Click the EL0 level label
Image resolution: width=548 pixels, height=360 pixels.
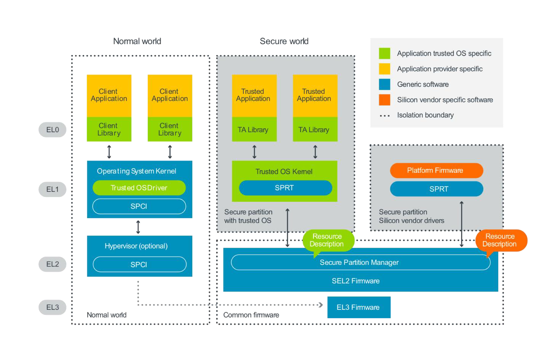tap(53, 130)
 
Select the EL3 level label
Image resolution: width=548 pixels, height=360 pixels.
tap(53, 307)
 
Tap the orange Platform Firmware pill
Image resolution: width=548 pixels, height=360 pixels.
tap(436, 170)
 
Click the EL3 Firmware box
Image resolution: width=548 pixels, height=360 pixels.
tap(358, 307)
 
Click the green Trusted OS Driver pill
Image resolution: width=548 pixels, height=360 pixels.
tap(139, 188)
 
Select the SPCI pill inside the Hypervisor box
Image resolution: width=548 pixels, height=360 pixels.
tap(139, 264)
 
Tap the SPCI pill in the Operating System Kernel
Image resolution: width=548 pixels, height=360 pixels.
tap(139, 206)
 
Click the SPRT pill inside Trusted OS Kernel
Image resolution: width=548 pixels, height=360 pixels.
tap(285, 188)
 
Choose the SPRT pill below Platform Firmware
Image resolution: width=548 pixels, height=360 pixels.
tap(436, 189)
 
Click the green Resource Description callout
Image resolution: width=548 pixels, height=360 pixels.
tap(328, 241)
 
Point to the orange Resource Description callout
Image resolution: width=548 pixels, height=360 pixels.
tap(500, 241)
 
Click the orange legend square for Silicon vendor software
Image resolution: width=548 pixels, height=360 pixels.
tap(384, 100)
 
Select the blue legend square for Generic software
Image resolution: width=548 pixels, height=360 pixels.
tap(384, 84)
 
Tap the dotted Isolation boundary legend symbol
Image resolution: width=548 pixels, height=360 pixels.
tap(384, 116)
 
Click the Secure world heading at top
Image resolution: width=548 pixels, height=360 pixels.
tap(284, 41)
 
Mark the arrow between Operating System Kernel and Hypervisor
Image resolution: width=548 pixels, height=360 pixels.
tap(138, 227)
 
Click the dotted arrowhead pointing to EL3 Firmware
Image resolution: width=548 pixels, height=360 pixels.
tap(320, 305)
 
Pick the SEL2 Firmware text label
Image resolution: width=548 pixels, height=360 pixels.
tap(355, 281)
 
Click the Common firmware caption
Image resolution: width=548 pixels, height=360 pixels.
tap(251, 315)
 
